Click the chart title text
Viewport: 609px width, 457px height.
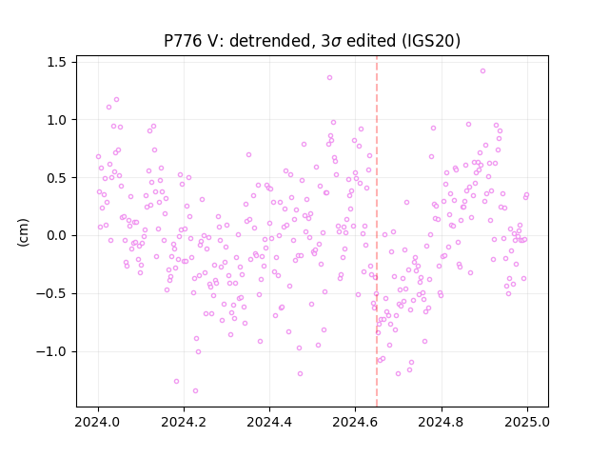click(312, 41)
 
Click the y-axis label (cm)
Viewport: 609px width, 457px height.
click(23, 232)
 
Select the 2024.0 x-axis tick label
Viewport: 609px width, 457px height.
click(98, 422)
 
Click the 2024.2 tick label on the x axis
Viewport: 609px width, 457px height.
click(184, 422)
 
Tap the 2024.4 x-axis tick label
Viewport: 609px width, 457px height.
click(269, 422)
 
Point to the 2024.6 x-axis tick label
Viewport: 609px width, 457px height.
click(355, 422)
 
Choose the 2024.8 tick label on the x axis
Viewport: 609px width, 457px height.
click(442, 422)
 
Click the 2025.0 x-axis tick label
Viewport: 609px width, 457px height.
click(527, 422)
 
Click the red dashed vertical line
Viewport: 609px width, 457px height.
click(377, 231)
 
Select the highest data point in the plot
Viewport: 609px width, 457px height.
click(482, 71)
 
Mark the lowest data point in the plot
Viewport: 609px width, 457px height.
click(195, 391)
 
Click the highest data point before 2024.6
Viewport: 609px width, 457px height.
click(330, 78)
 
